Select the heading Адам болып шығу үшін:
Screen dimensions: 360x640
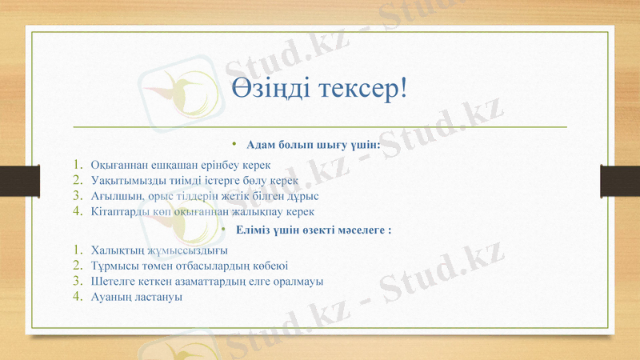click(313, 145)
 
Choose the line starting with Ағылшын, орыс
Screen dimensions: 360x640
click(205, 196)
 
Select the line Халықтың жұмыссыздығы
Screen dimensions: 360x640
click(154, 250)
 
